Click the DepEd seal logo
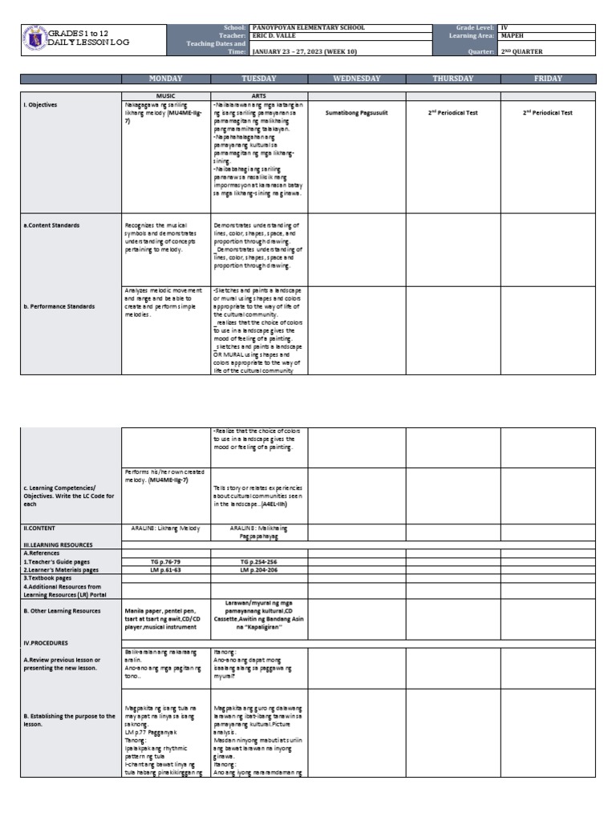(34, 38)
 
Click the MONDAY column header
(165, 79)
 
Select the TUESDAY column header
(258, 79)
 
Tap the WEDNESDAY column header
(356, 79)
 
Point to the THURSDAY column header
(453, 79)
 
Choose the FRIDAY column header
(549, 79)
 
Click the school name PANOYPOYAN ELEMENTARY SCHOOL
(309, 28)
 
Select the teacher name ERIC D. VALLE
(275, 36)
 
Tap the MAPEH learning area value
(513, 36)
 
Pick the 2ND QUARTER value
(522, 51)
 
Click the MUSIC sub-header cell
(165, 95)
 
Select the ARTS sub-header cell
(258, 95)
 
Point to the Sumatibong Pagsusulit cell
(356, 113)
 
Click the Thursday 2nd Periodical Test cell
(453, 113)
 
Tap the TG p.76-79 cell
(165, 563)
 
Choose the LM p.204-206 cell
(258, 570)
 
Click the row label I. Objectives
(41, 105)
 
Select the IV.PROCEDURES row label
(46, 642)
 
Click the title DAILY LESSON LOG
(88, 42)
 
